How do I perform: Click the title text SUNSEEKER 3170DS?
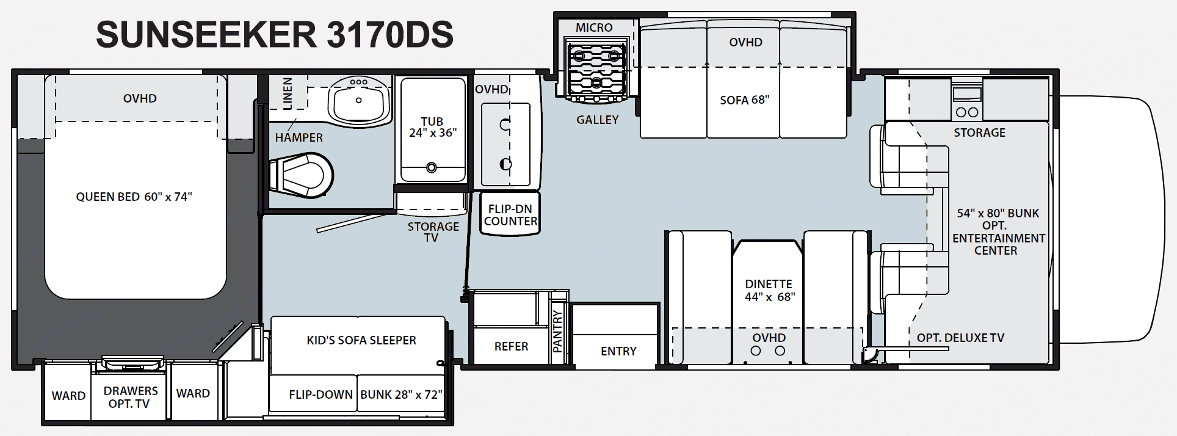tap(275, 34)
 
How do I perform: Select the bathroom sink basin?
tap(359, 101)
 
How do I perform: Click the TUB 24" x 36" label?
tap(432, 127)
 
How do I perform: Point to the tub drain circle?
tap(432, 167)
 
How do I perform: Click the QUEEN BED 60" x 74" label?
tap(134, 197)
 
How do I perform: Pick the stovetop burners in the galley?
tap(596, 68)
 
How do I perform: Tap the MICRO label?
tap(594, 27)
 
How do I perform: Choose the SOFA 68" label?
tap(744, 100)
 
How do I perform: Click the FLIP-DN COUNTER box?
tap(510, 214)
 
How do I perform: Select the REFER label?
tap(511, 346)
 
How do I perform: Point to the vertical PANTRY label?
tap(557, 330)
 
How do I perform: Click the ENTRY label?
tap(618, 351)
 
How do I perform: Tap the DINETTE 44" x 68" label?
tap(769, 290)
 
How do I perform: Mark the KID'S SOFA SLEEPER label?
tap(361, 340)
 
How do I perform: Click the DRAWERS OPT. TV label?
tap(130, 397)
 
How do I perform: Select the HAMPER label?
tap(299, 137)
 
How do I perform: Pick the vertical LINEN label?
tap(288, 93)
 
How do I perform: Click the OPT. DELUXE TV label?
tap(960, 338)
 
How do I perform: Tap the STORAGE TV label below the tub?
tap(433, 232)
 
